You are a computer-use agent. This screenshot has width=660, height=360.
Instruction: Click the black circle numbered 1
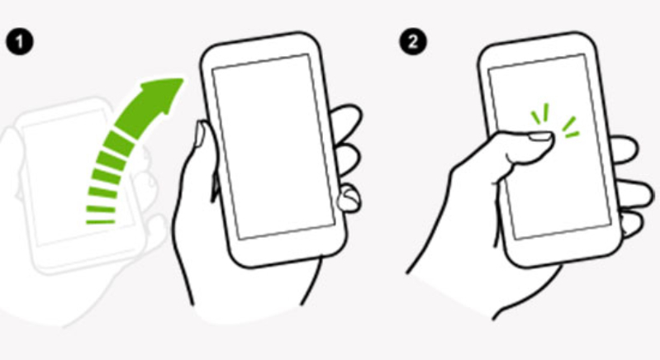pyautogui.click(x=19, y=42)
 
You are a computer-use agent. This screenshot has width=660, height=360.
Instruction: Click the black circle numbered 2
pyautogui.click(x=413, y=42)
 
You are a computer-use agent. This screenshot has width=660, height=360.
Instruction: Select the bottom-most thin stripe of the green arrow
pyautogui.click(x=100, y=221)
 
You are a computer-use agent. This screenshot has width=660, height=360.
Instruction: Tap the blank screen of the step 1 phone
pyautogui.click(x=273, y=146)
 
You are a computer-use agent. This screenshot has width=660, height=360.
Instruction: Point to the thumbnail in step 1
pyautogui.click(x=200, y=134)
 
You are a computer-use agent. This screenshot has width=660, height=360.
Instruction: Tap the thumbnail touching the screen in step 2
pyautogui.click(x=539, y=136)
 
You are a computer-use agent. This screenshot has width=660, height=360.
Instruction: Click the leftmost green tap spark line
pyautogui.click(x=535, y=118)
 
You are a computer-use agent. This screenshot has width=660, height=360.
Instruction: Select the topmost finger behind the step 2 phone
pyautogui.click(x=625, y=149)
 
